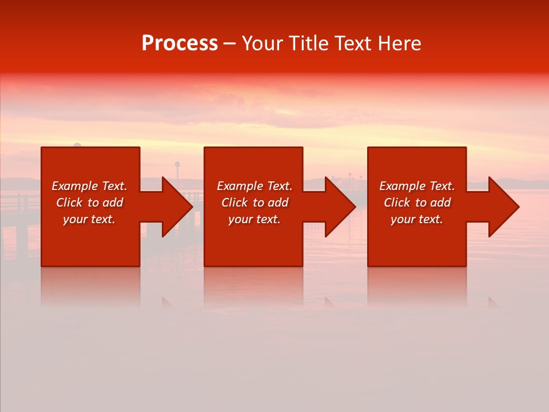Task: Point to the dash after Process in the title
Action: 229,45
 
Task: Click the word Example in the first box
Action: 74,186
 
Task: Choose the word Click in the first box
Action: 69,203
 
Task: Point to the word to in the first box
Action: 93,203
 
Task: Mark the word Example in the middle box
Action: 240,186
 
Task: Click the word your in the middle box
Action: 240,219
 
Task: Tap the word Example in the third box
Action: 402,186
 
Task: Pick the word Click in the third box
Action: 397,203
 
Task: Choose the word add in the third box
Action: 441,203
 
